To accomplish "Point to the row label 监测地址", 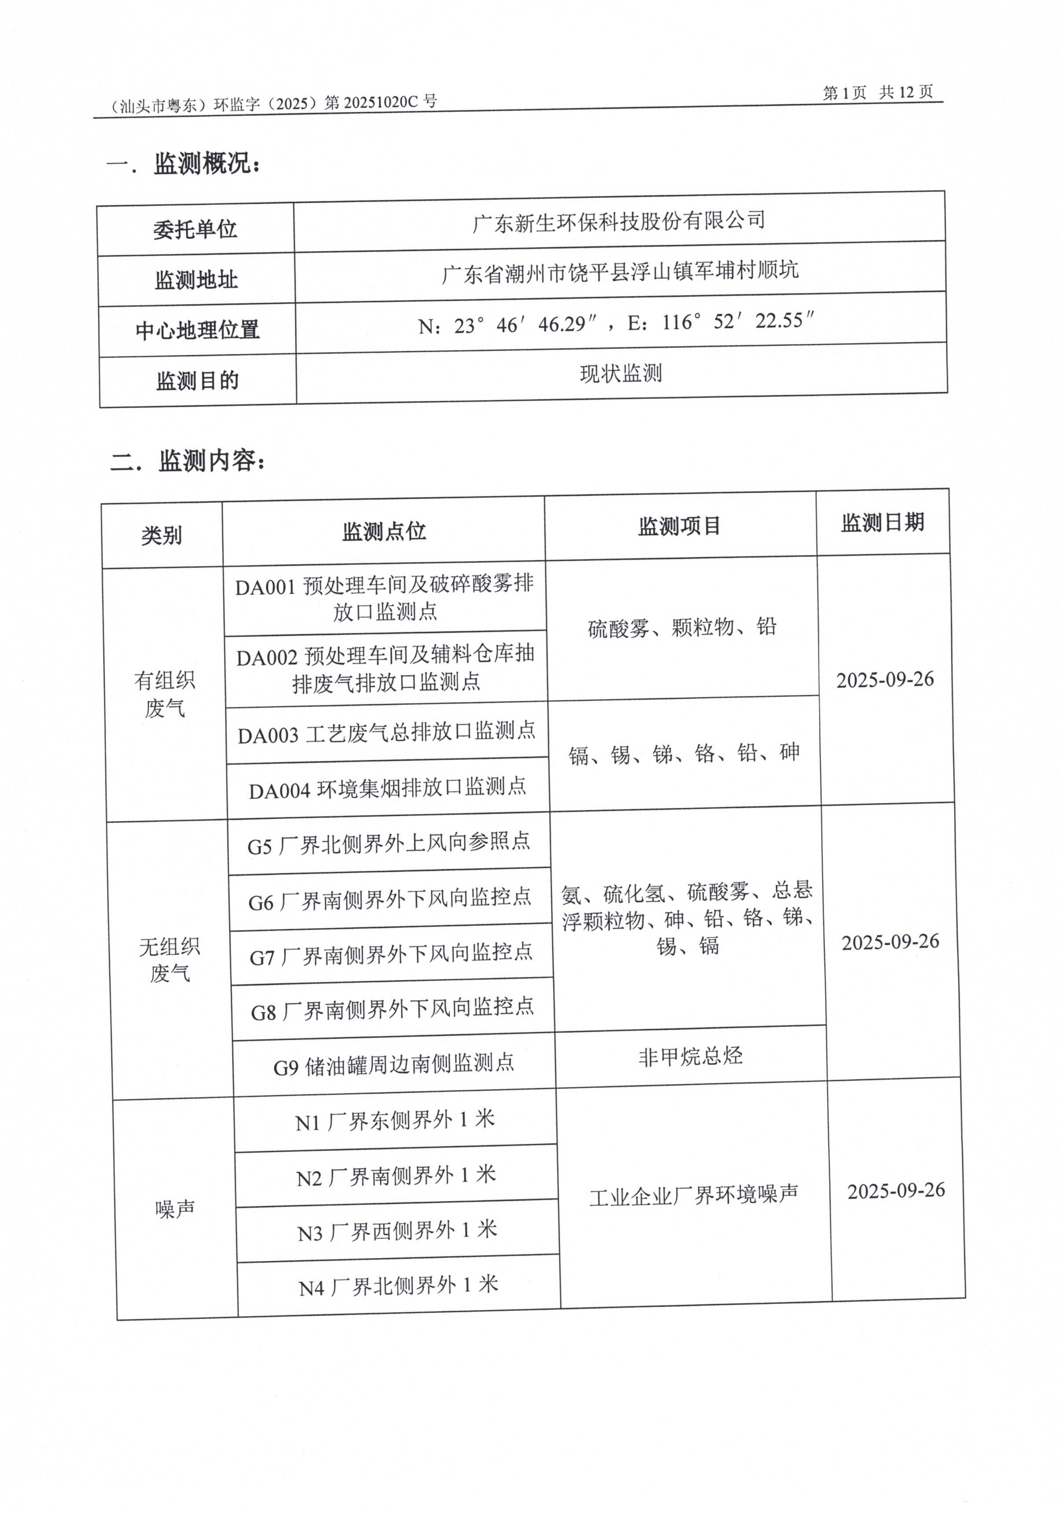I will (x=196, y=280).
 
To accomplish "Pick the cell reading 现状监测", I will (x=620, y=374).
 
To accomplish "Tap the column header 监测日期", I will (x=882, y=523).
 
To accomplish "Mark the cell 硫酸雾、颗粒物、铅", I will (x=682, y=627).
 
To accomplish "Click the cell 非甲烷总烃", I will (x=690, y=1057).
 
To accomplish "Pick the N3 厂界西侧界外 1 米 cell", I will (x=397, y=1231).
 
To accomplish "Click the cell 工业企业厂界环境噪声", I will (x=694, y=1195).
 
